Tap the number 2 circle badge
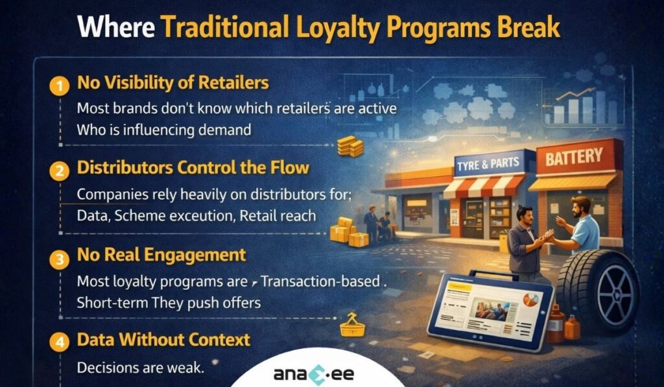(60, 170)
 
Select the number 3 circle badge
(60, 258)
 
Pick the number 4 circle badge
(60, 341)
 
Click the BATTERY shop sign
(573, 157)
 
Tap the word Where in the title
(115, 29)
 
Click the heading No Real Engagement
(161, 254)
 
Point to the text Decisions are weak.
(140, 367)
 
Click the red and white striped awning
(483, 188)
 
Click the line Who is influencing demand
(163, 130)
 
